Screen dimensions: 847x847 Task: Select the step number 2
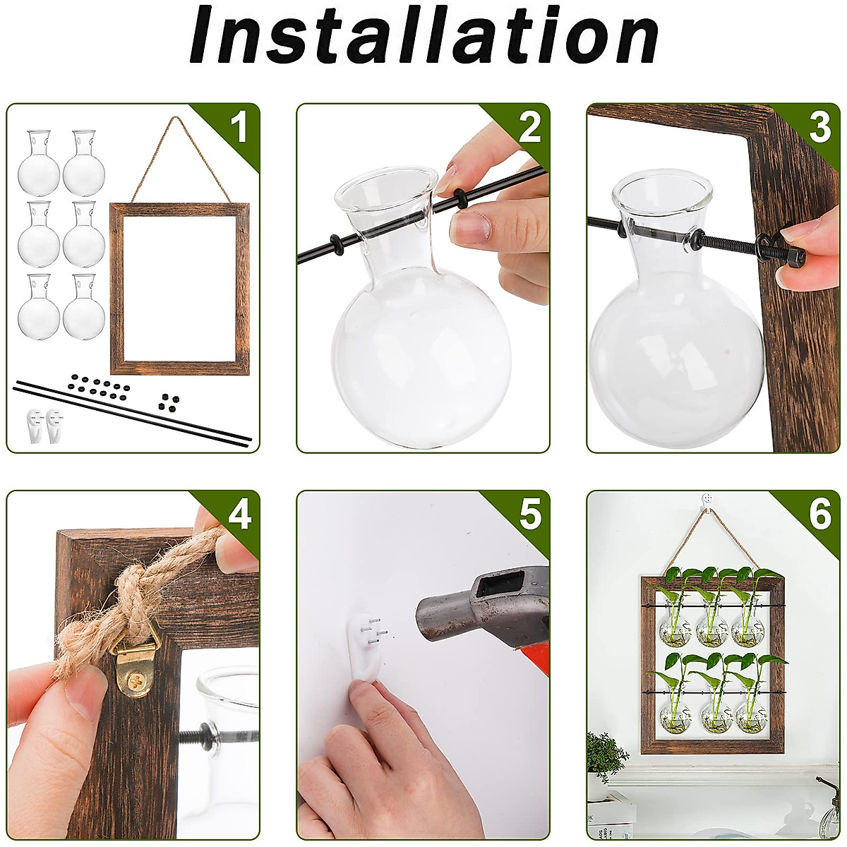[x=529, y=128]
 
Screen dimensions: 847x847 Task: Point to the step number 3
[x=819, y=128]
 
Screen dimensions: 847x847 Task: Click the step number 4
[x=239, y=515]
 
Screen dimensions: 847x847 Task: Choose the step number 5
[x=530, y=515]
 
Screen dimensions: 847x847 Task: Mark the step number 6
[x=820, y=515]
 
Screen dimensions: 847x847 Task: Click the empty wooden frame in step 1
[x=179, y=289]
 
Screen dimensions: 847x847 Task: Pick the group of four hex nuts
[x=169, y=402]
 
